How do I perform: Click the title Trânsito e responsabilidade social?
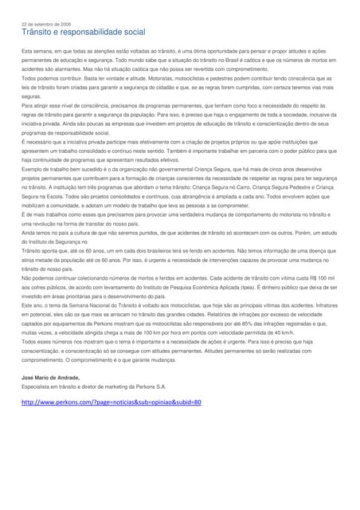(83, 33)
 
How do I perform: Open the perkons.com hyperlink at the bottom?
(111, 402)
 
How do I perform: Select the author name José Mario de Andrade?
(51, 377)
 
